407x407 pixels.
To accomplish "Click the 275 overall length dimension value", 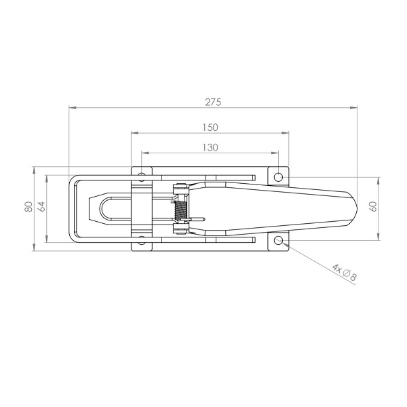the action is [213, 102].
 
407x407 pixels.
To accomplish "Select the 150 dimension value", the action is [210, 128].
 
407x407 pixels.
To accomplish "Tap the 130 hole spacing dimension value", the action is [210, 148].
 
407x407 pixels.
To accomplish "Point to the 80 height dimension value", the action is [28, 207].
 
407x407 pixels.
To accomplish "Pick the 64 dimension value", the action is [41, 207].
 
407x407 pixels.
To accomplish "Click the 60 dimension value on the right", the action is [373, 207].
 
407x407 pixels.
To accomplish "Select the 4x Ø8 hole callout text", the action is [345, 272].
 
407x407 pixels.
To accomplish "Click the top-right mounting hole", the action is [278, 177].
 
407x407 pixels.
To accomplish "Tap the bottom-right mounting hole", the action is [278, 240].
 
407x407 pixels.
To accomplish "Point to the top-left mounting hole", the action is [142, 177].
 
